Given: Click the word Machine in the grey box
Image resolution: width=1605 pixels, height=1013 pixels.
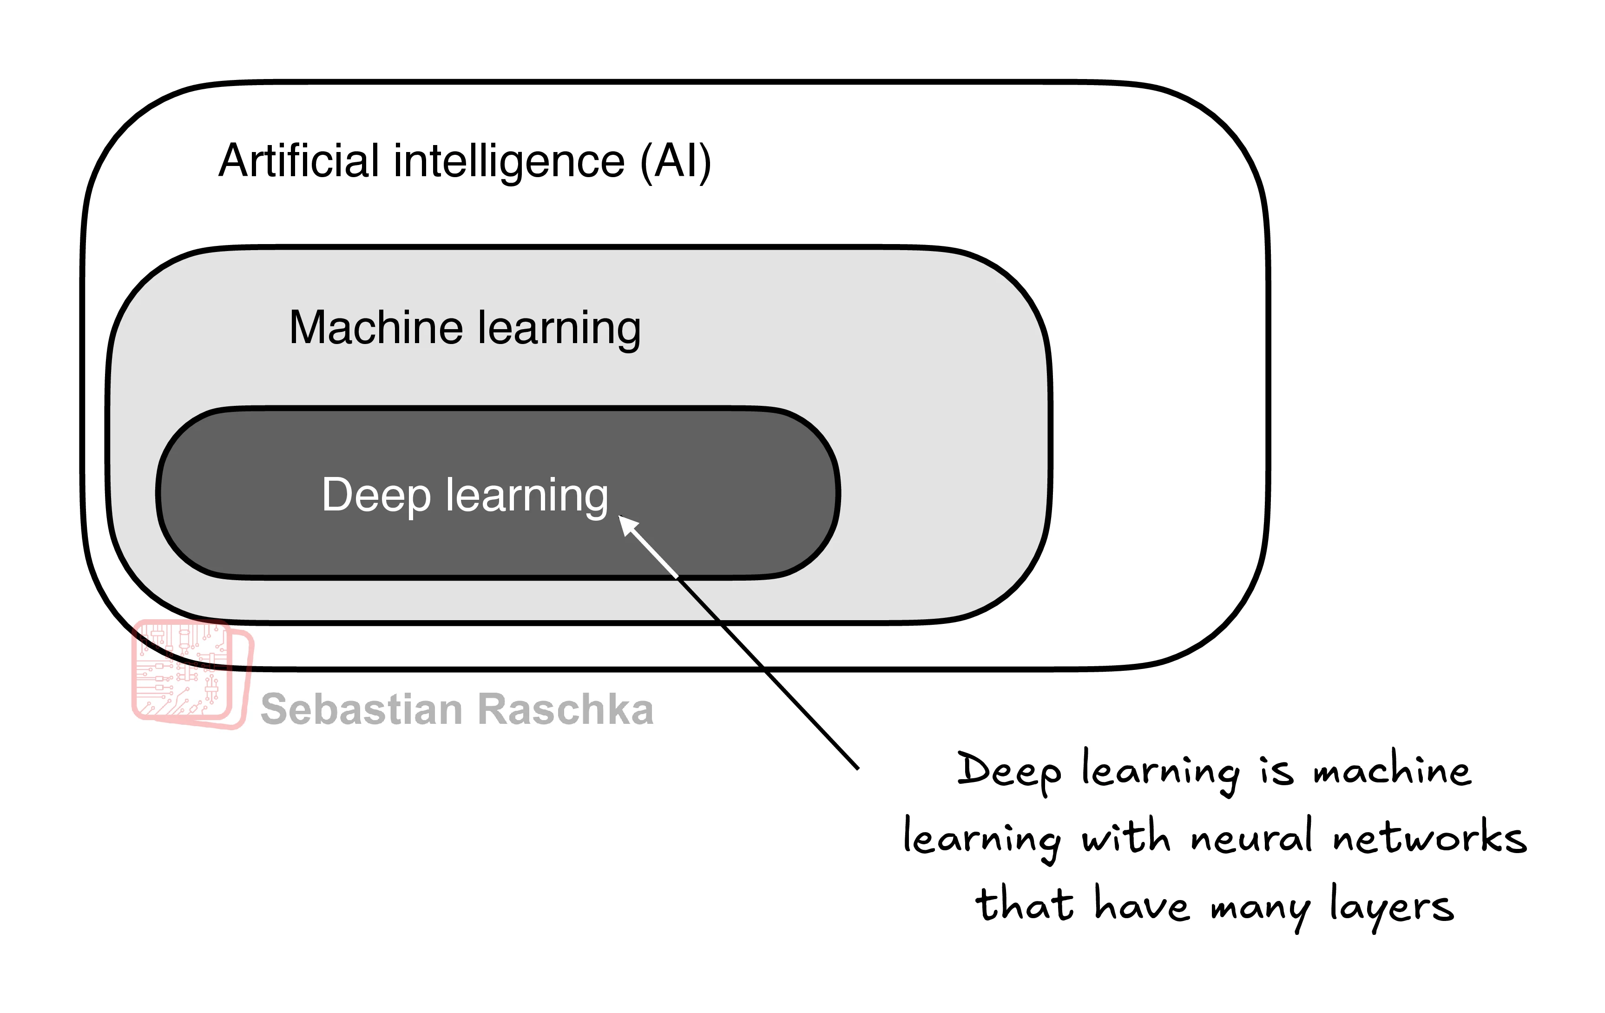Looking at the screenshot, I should pos(376,328).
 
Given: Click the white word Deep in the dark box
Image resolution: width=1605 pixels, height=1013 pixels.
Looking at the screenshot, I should pos(376,496).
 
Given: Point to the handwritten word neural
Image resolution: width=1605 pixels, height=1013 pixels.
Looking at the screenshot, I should pos(1251,837).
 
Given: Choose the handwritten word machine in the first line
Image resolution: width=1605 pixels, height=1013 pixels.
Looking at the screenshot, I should pos(1391,770).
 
